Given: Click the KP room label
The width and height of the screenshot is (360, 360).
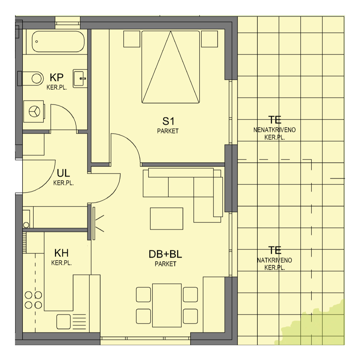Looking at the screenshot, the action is click(x=57, y=77).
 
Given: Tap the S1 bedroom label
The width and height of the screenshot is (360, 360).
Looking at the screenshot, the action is click(x=168, y=121).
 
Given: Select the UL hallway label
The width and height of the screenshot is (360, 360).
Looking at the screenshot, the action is click(x=63, y=173).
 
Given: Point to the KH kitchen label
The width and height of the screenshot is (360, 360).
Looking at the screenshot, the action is click(x=61, y=253).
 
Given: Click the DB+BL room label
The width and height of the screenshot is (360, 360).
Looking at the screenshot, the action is click(x=165, y=254).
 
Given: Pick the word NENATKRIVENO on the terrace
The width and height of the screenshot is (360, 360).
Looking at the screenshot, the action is click(x=274, y=130).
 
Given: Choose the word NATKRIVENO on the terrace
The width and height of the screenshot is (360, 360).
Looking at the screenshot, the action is click(x=274, y=260).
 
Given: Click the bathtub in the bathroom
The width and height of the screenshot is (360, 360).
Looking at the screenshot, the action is click(x=58, y=41).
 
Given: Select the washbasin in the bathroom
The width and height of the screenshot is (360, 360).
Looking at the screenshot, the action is click(x=80, y=79).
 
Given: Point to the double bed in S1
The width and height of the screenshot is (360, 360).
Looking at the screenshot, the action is click(x=171, y=67).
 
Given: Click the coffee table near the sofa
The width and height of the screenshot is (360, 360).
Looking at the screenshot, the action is click(x=166, y=219).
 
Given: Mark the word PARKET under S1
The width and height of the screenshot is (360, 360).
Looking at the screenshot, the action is click(x=168, y=131).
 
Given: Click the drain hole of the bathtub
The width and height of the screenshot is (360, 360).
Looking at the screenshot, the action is click(x=37, y=41).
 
